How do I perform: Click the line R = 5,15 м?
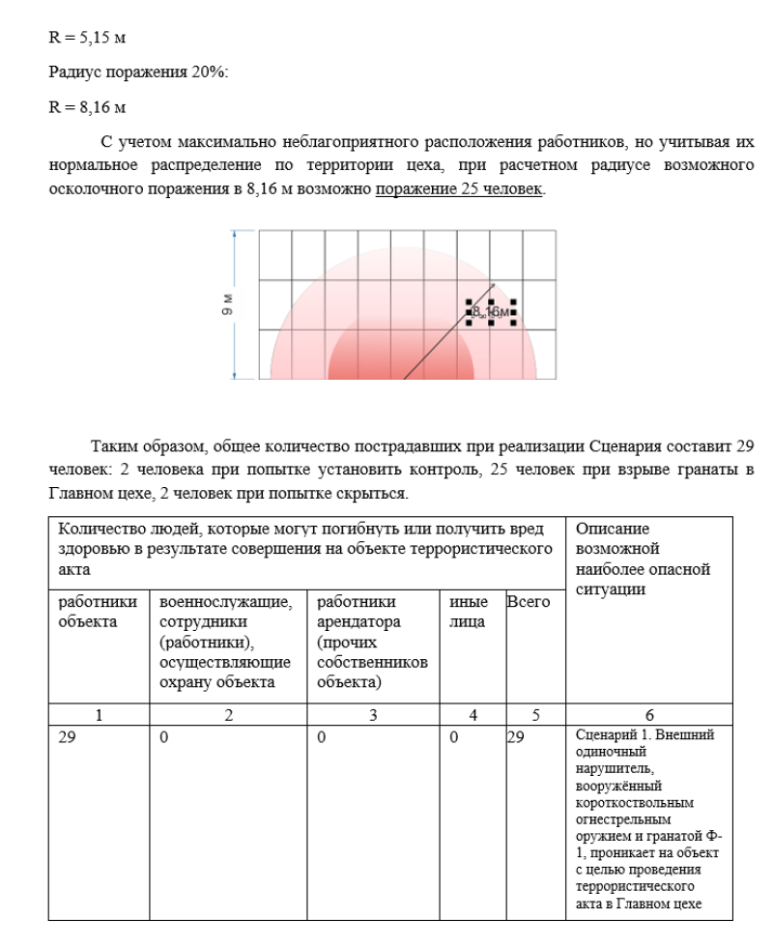(x=88, y=39)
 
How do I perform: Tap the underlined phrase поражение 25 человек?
(x=459, y=189)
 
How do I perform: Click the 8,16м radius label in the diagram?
(x=492, y=311)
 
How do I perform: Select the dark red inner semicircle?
(x=400, y=359)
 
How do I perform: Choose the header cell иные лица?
(x=468, y=611)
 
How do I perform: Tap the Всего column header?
(x=528, y=602)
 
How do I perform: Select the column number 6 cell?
(x=648, y=715)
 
